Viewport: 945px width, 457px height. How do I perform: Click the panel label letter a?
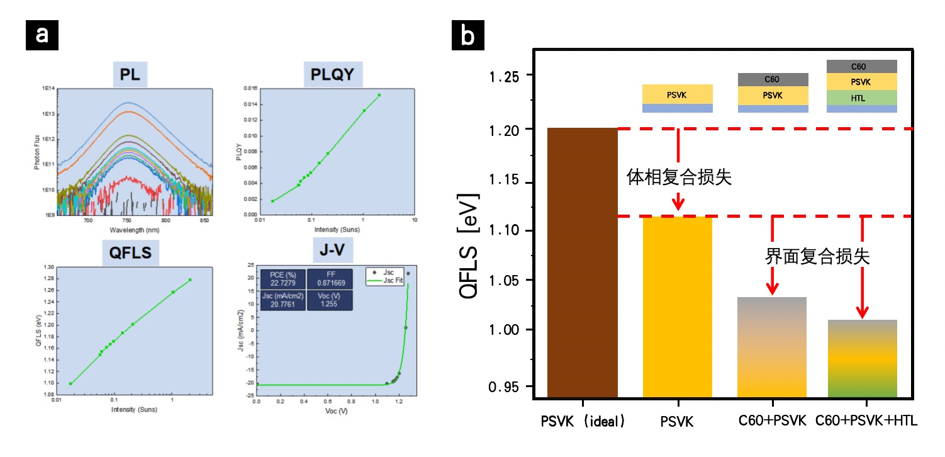(42, 35)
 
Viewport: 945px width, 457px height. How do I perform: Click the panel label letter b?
(469, 35)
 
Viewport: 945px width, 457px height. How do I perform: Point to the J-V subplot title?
(332, 251)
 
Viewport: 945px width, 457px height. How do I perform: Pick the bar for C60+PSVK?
(772, 347)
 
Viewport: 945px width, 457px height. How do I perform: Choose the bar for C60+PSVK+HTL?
(862, 358)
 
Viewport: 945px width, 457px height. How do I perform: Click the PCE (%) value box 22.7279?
(283, 279)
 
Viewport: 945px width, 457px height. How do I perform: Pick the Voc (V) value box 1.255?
(330, 300)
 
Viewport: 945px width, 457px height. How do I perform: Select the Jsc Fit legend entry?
(389, 280)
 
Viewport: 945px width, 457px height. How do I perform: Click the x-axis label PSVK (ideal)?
(583, 421)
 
